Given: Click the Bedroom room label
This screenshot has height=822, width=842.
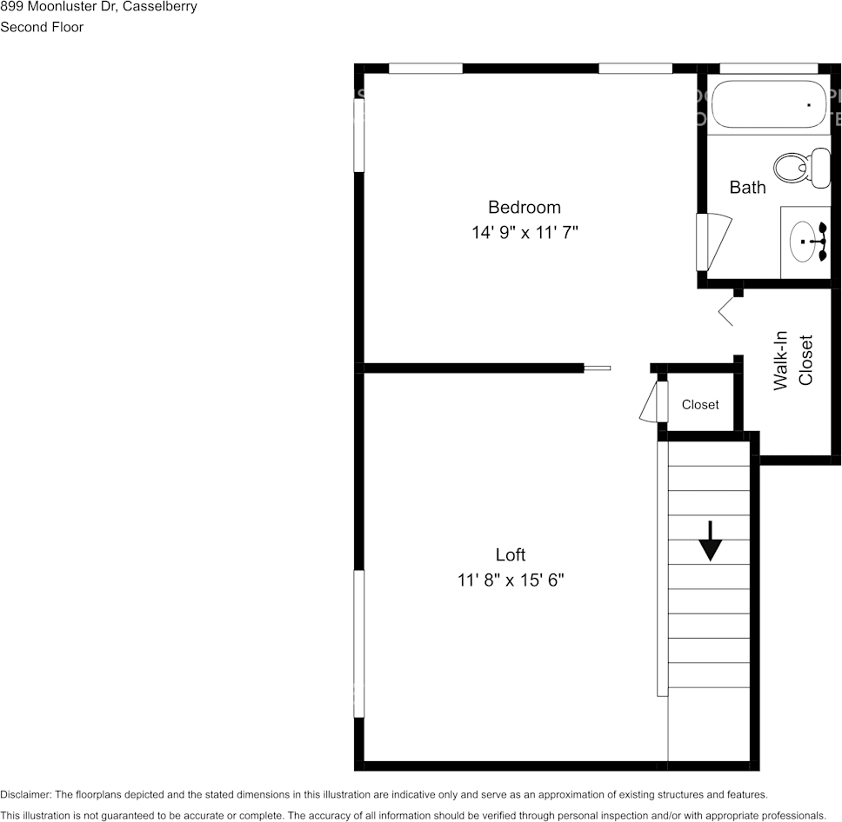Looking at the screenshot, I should (524, 207).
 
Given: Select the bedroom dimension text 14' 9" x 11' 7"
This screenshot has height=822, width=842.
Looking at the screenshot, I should (525, 233).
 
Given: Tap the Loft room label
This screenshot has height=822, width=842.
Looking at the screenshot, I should (511, 554).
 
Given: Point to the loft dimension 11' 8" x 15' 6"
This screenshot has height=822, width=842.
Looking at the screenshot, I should (511, 580).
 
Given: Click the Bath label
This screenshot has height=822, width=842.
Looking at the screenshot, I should (747, 187).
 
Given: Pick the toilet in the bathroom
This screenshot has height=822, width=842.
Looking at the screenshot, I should (802, 169).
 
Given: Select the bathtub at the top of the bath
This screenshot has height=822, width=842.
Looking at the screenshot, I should (768, 105).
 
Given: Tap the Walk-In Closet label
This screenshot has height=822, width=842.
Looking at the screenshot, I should (792, 360).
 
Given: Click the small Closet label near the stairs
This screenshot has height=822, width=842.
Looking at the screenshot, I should (700, 405).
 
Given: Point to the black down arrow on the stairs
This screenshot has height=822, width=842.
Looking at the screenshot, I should (711, 541).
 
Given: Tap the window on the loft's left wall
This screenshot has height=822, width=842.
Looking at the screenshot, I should (358, 643).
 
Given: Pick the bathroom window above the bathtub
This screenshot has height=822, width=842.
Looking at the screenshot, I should (769, 69).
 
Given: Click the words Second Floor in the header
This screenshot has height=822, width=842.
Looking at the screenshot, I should (42, 27).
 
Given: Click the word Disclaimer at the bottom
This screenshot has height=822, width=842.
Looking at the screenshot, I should (25, 794).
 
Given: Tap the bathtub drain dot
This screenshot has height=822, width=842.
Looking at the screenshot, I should (809, 104).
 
